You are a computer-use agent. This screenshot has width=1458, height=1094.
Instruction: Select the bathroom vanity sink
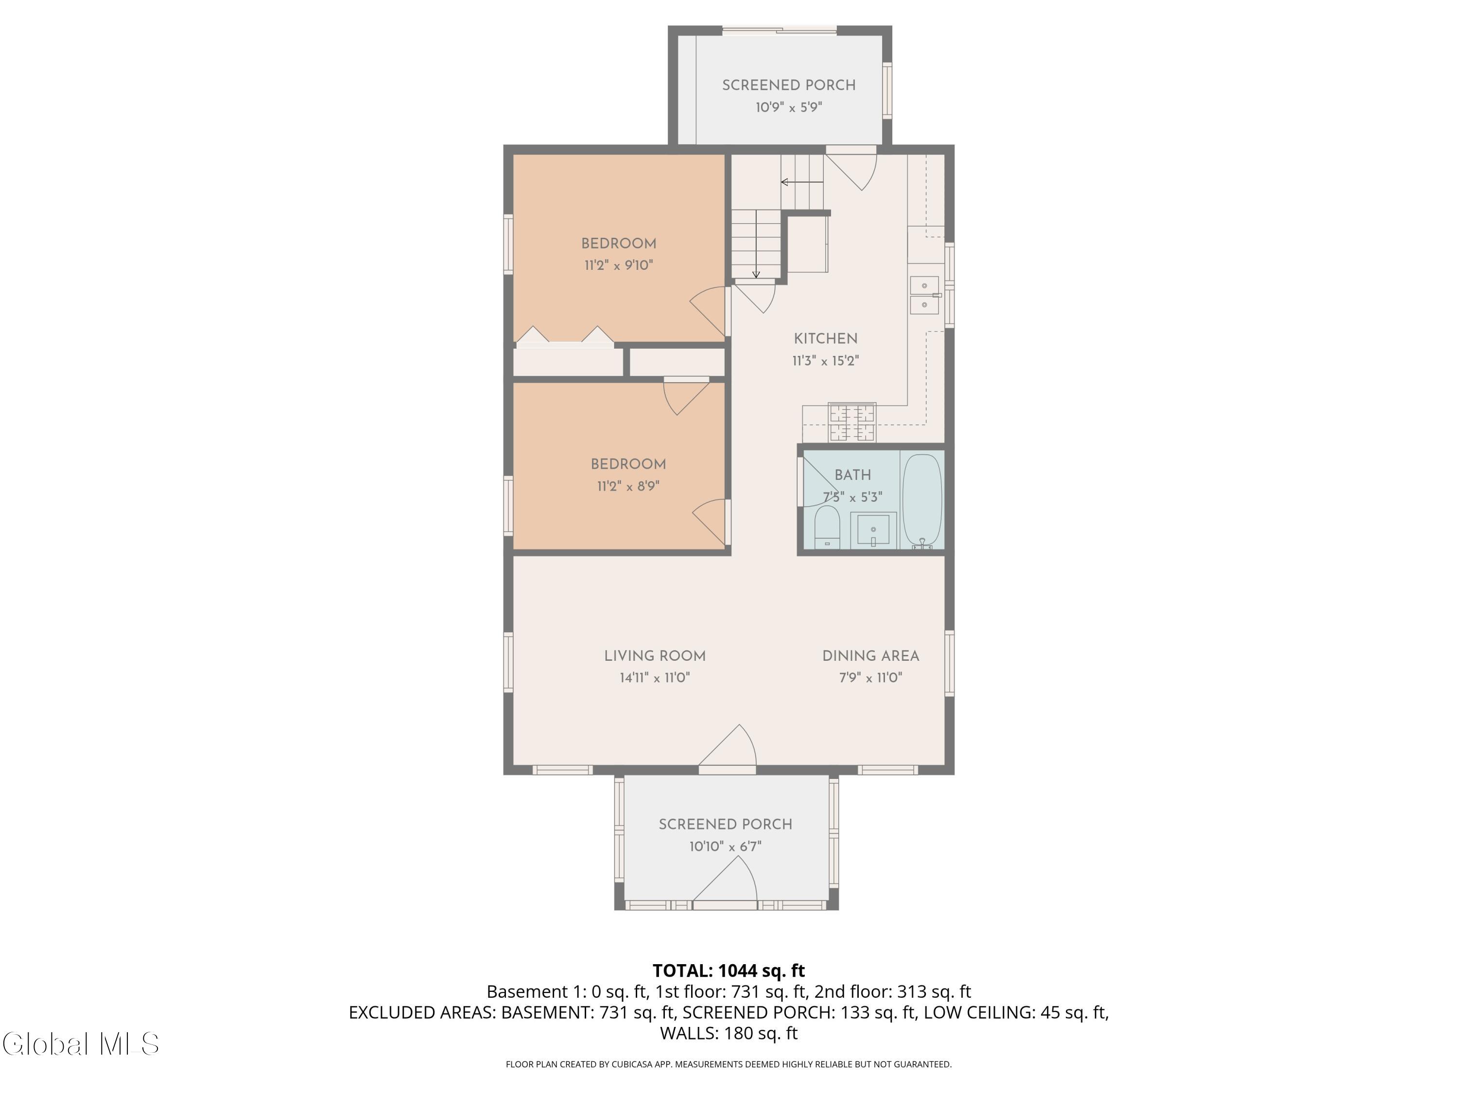[873, 529]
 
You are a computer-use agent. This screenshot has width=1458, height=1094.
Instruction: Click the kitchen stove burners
[852, 423]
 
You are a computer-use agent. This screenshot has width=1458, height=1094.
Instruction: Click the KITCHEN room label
[825, 339]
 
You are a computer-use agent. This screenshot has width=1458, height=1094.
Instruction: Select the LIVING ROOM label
[655, 656]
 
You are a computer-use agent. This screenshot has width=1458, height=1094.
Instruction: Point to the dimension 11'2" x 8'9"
[628, 487]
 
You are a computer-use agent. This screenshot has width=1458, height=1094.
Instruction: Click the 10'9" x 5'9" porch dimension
[788, 107]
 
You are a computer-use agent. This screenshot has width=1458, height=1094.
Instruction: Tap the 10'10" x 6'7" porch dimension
[725, 847]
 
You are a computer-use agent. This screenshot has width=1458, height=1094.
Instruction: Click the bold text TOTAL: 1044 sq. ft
[729, 970]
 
